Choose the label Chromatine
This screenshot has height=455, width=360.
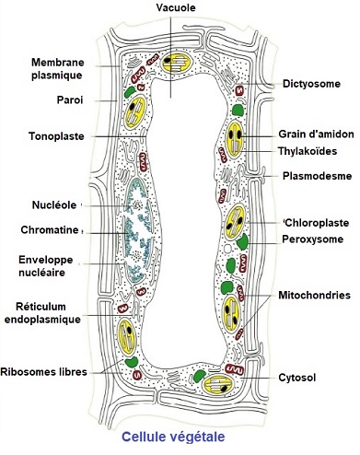(45, 229)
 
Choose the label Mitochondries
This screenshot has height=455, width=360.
(315, 295)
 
